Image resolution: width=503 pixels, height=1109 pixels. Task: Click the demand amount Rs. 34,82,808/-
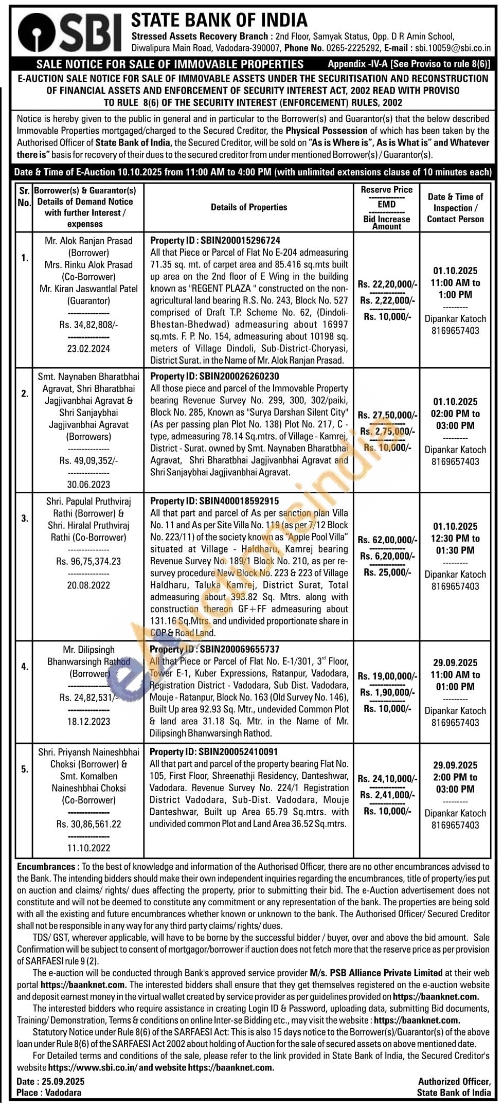(x=89, y=325)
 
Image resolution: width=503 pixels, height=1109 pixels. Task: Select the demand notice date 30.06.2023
(x=89, y=484)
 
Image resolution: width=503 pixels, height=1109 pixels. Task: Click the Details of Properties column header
(x=249, y=207)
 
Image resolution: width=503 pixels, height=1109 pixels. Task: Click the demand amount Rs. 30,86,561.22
(x=89, y=824)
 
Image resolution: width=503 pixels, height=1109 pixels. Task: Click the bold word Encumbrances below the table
(x=46, y=867)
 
